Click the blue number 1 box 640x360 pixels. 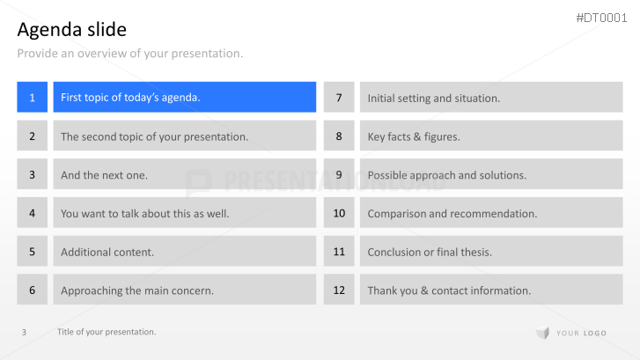point(33,97)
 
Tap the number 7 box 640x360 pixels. point(339,97)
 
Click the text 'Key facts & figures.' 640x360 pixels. point(414,136)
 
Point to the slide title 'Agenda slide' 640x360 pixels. point(72,29)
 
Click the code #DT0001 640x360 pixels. point(601,18)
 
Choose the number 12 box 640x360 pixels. point(339,290)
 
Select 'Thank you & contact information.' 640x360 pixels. point(449,290)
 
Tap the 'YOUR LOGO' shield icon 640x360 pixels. point(543,333)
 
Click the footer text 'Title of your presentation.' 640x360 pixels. point(107,332)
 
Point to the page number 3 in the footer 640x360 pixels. point(24,332)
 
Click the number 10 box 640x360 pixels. point(339,213)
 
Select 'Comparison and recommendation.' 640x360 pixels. point(452,214)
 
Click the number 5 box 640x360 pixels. point(33,251)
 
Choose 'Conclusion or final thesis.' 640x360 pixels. point(430,252)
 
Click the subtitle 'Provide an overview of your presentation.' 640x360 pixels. point(130,54)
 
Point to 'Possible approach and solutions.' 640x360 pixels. point(447,175)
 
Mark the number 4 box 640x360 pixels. point(33,213)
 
